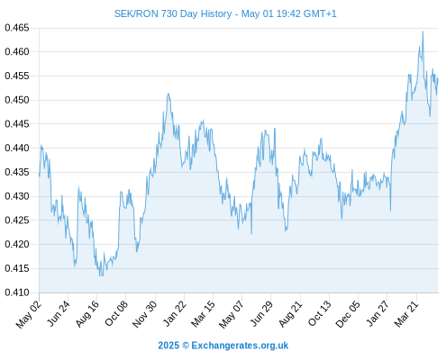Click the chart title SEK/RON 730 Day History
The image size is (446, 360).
coord(173,13)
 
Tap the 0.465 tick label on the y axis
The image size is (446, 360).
coord(17,28)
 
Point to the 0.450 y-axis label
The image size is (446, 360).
coord(17,100)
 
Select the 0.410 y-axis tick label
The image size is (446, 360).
coord(17,292)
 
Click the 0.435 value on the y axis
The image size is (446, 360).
coord(17,172)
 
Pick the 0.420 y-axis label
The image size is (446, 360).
coord(17,244)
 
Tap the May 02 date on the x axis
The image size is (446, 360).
coord(28,314)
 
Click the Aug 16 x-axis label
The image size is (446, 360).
coord(86,313)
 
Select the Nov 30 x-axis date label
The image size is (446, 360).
coord(144,314)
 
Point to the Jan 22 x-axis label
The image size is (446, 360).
coord(175,313)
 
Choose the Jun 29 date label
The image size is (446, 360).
coord(261,313)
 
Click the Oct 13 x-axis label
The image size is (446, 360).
coord(320,313)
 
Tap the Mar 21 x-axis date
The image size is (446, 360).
coord(406,313)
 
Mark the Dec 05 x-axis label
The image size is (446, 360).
coord(348,314)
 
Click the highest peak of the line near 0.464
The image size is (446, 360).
coord(423,31)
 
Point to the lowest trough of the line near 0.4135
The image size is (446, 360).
coord(100,275)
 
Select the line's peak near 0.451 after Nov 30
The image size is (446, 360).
coord(168,94)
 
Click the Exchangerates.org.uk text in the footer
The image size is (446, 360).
coord(240,346)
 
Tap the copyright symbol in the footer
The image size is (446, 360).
coord(186,346)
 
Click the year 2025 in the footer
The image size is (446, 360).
coord(168,346)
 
